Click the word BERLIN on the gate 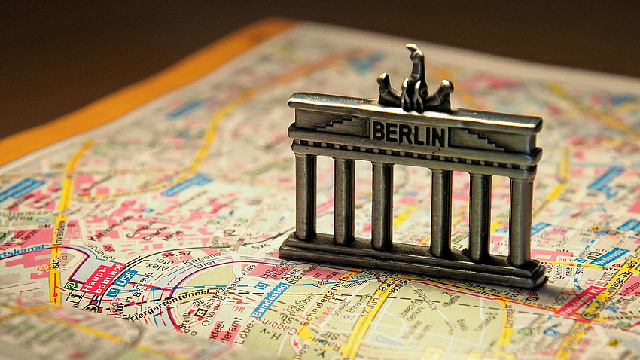click(408, 133)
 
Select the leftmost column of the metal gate click(305, 197)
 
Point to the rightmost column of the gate click(520, 221)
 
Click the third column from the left click(382, 206)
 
